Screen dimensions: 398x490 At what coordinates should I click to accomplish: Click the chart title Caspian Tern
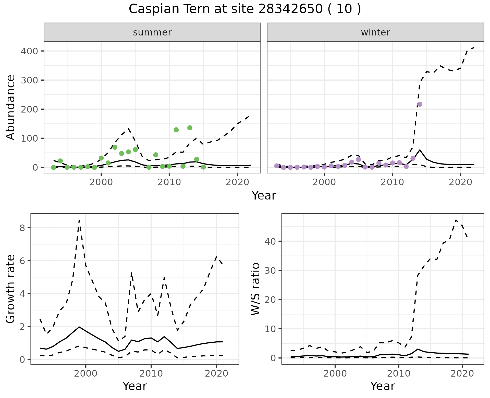(x=244, y=9)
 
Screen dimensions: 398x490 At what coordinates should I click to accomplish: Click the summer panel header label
(x=152, y=32)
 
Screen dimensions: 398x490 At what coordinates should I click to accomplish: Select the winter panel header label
(x=375, y=32)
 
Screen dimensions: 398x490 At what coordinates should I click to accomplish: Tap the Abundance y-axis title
(x=11, y=107)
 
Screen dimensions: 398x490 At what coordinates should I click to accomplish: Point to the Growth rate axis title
(x=11, y=289)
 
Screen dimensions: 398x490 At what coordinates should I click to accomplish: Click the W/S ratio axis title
(x=255, y=289)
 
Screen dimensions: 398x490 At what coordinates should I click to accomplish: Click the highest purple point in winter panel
(x=420, y=104)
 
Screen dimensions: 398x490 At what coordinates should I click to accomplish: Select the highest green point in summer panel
(x=190, y=128)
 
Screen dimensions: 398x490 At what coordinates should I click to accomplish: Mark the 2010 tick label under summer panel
(x=169, y=182)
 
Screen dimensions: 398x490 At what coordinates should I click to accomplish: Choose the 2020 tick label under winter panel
(x=460, y=182)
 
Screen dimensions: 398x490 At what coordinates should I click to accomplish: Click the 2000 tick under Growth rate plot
(x=86, y=374)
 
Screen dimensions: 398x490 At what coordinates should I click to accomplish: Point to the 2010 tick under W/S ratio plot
(x=398, y=374)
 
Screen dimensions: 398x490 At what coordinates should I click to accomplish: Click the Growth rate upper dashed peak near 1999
(x=79, y=220)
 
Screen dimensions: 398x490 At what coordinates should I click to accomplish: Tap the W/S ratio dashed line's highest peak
(x=456, y=220)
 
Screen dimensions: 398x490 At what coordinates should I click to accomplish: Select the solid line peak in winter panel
(x=420, y=150)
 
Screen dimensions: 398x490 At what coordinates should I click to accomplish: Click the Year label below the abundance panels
(x=264, y=196)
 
